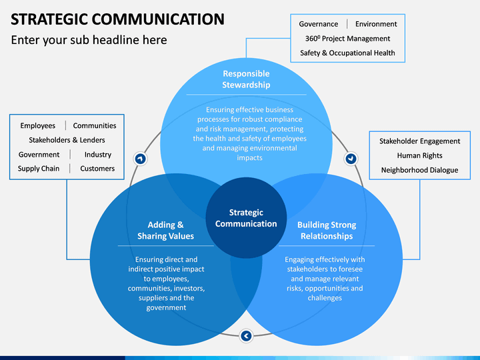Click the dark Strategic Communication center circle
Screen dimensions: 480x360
tap(246, 218)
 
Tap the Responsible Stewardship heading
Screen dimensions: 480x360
tap(246, 79)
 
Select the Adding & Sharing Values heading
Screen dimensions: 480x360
tap(165, 231)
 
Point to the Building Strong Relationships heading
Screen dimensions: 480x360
tap(327, 231)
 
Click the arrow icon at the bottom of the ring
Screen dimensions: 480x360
tap(246, 336)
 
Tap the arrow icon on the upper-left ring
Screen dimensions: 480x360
tap(140, 159)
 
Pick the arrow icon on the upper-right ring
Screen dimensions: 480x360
tap(351, 159)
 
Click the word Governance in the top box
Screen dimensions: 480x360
tap(319, 24)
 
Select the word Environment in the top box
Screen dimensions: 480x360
tap(376, 24)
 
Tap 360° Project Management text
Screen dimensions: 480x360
tap(347, 39)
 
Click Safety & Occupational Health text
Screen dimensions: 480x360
tap(347, 53)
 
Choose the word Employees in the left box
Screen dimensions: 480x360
tap(37, 126)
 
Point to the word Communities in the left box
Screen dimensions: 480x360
tap(95, 126)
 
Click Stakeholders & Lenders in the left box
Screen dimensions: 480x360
tap(67, 140)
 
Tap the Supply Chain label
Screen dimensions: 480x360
tap(39, 169)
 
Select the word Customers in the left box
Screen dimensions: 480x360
tap(97, 169)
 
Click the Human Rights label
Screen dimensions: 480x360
tap(420, 155)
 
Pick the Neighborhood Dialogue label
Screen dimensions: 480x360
tap(420, 170)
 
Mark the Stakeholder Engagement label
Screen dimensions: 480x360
tap(420, 141)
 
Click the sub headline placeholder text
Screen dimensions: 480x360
tap(89, 40)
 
